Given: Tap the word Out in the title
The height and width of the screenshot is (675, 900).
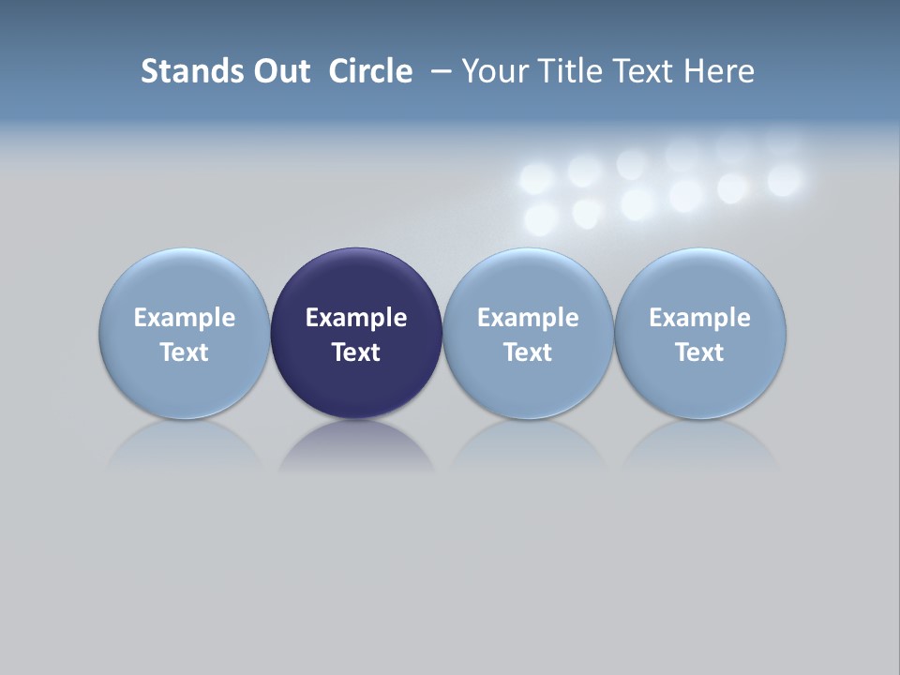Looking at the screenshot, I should (280, 71).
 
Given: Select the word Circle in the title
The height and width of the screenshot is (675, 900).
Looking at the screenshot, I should (370, 71).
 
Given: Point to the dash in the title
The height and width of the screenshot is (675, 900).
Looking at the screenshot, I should (441, 72).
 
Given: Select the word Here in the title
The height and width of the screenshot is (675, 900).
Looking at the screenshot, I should (720, 71).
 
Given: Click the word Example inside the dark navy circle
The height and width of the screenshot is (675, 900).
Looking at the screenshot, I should (356, 318).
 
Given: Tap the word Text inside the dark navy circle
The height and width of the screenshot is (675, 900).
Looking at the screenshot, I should (356, 352).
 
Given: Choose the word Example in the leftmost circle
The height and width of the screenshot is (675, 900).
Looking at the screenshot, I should (185, 318).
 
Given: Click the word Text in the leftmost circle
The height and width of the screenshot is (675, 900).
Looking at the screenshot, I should (185, 352).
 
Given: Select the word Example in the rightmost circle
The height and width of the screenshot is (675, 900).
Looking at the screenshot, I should (700, 318).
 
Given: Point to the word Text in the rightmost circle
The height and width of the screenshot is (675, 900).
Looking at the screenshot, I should (700, 352).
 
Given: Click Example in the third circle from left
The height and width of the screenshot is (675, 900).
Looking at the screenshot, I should (528, 318).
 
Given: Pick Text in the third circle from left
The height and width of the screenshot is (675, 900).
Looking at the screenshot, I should (528, 352).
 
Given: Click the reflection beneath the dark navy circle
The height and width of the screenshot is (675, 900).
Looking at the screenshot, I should (356, 444).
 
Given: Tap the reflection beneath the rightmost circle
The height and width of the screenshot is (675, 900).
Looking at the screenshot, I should (700, 444).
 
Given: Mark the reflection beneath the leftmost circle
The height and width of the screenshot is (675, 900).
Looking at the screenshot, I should (185, 444).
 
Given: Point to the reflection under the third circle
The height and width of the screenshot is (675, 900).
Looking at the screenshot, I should (528, 444).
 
